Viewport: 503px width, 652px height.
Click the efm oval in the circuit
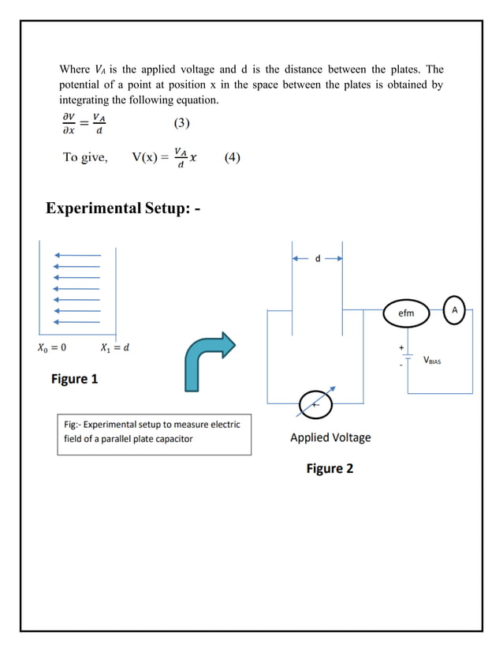click(406, 313)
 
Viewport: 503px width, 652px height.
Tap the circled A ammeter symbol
click(454, 310)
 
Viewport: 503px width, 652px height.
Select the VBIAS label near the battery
click(438, 360)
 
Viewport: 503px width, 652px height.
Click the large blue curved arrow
click(208, 360)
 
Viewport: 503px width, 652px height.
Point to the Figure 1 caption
click(75, 379)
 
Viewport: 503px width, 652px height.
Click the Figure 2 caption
click(330, 469)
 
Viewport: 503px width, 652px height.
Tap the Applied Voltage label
click(330, 437)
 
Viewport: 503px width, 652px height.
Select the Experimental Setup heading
click(122, 208)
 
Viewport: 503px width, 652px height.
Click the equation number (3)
click(181, 123)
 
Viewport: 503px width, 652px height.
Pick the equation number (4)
click(233, 157)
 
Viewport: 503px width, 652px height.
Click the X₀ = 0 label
click(51, 347)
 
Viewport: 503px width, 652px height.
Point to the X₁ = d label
click(115, 347)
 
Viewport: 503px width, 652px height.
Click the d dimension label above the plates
click(318, 258)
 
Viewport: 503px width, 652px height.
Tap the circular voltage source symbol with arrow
click(316, 403)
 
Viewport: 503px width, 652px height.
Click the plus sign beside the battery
click(401, 347)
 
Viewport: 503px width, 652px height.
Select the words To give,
click(85, 157)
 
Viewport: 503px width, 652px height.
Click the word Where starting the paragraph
click(75, 69)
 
